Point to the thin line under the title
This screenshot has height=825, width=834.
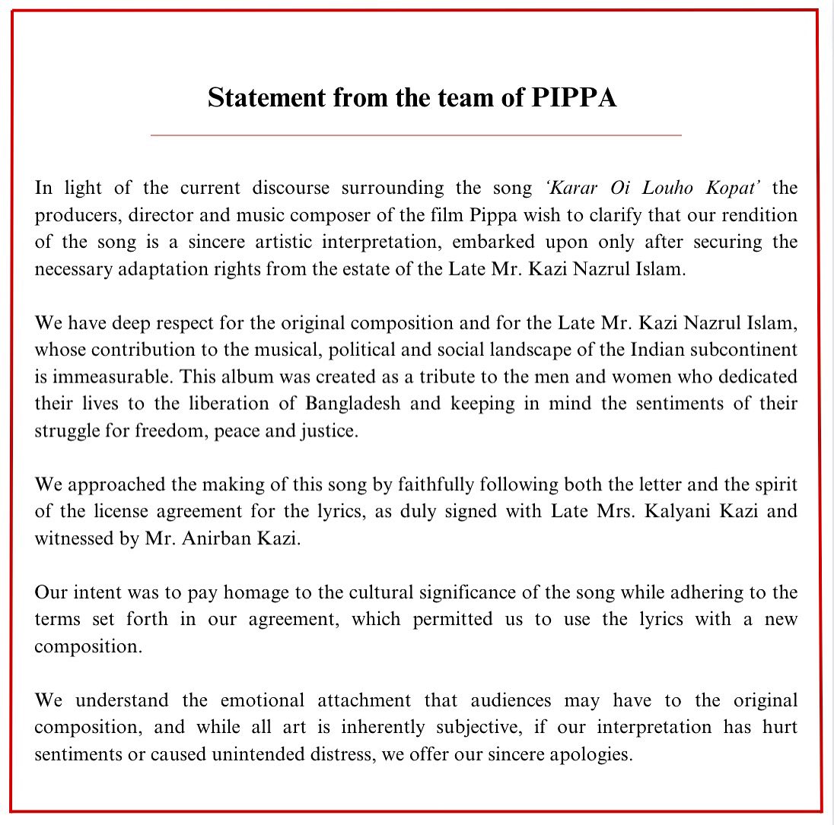pos(415,135)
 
